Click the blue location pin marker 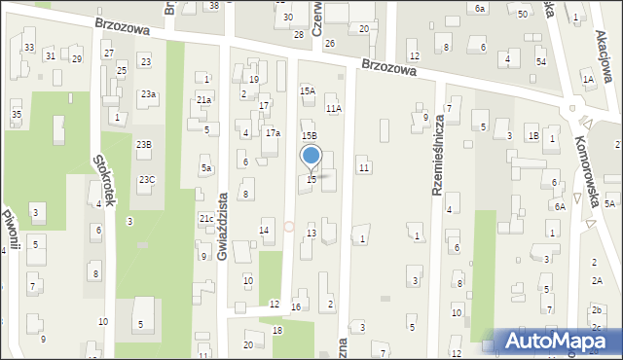pos(311,156)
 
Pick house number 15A pos(308,90)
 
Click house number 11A pos(334,109)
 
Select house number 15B pos(309,135)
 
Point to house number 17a pos(274,133)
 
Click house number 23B pos(143,144)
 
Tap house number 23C pos(146,179)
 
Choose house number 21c pos(206,219)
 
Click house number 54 pos(541,60)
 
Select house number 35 pos(17,115)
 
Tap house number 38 pos(214,5)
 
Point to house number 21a pos(203,99)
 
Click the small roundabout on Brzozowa pos(572,109)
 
